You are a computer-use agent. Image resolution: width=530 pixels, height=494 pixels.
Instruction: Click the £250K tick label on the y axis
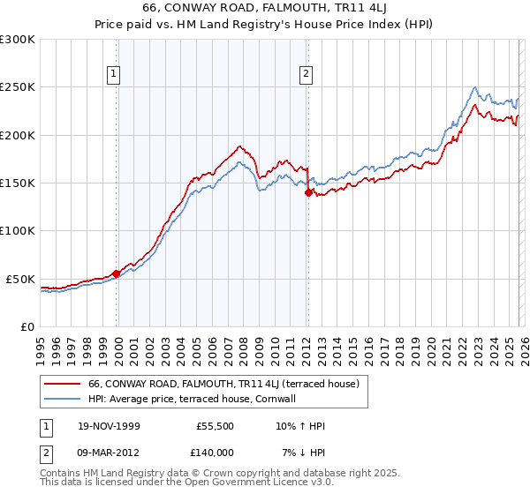coord(18,87)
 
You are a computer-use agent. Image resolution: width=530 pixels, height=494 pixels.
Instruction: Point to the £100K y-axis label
coord(18,231)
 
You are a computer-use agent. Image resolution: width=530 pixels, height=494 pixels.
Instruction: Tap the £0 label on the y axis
coord(26,326)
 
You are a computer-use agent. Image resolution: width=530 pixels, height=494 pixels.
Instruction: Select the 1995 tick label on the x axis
coord(40,345)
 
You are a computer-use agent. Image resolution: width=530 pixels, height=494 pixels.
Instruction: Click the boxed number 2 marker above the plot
coord(307,74)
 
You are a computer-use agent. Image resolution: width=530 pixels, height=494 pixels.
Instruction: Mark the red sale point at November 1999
coord(117,273)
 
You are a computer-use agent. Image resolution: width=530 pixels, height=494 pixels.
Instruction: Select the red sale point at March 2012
coord(308,192)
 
